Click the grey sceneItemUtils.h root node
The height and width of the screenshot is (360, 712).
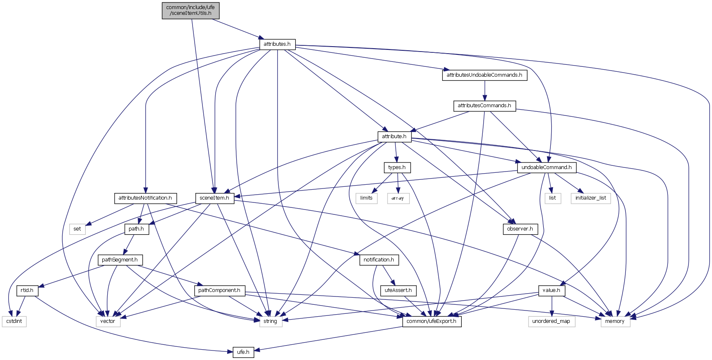click(x=190, y=10)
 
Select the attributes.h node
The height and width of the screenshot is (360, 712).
click(x=277, y=44)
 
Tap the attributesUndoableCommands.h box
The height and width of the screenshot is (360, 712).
click(x=484, y=75)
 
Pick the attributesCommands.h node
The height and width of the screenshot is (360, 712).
click(x=484, y=106)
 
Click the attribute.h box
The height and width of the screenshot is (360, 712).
click(x=394, y=136)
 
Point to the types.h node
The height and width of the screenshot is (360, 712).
click(x=397, y=167)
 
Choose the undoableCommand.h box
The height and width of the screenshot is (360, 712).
click(x=547, y=167)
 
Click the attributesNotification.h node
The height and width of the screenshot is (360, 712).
click(x=145, y=198)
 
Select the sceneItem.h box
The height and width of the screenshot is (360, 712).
click(x=214, y=198)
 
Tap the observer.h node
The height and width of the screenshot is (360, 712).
click(x=520, y=229)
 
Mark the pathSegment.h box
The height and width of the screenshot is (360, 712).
click(x=120, y=260)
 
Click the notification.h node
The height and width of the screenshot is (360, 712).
click(x=379, y=260)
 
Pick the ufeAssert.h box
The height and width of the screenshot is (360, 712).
click(x=398, y=290)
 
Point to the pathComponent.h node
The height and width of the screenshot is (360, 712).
click(x=219, y=290)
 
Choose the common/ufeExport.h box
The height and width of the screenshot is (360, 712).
click(x=432, y=321)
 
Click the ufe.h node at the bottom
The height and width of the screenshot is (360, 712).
click(x=243, y=352)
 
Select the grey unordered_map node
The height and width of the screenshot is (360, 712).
click(x=551, y=321)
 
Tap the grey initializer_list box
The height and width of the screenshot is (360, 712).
click(x=591, y=198)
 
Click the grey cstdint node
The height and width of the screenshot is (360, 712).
click(x=14, y=321)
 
